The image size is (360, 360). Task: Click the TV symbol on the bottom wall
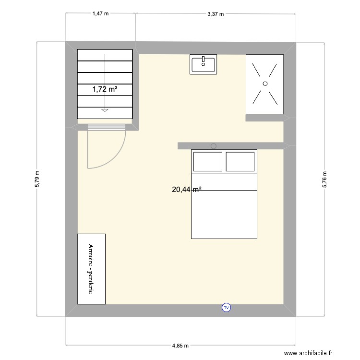coord(227,308)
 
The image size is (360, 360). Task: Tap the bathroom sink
coord(204,65)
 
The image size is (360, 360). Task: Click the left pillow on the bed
coord(207,162)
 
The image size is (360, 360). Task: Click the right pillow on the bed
coord(240,162)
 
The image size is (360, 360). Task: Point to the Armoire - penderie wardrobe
coord(91,269)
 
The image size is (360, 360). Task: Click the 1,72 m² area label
coord(105,89)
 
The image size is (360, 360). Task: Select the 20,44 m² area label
coord(186,190)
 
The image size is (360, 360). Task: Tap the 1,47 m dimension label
coord(101,14)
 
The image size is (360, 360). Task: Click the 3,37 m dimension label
coord(216,14)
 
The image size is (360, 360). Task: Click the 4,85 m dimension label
coord(180,346)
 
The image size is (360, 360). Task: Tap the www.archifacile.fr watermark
coord(308,353)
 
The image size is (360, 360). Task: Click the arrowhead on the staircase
coord(105,110)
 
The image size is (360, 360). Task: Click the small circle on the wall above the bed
coord(214,146)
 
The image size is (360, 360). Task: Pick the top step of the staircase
coord(105,55)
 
